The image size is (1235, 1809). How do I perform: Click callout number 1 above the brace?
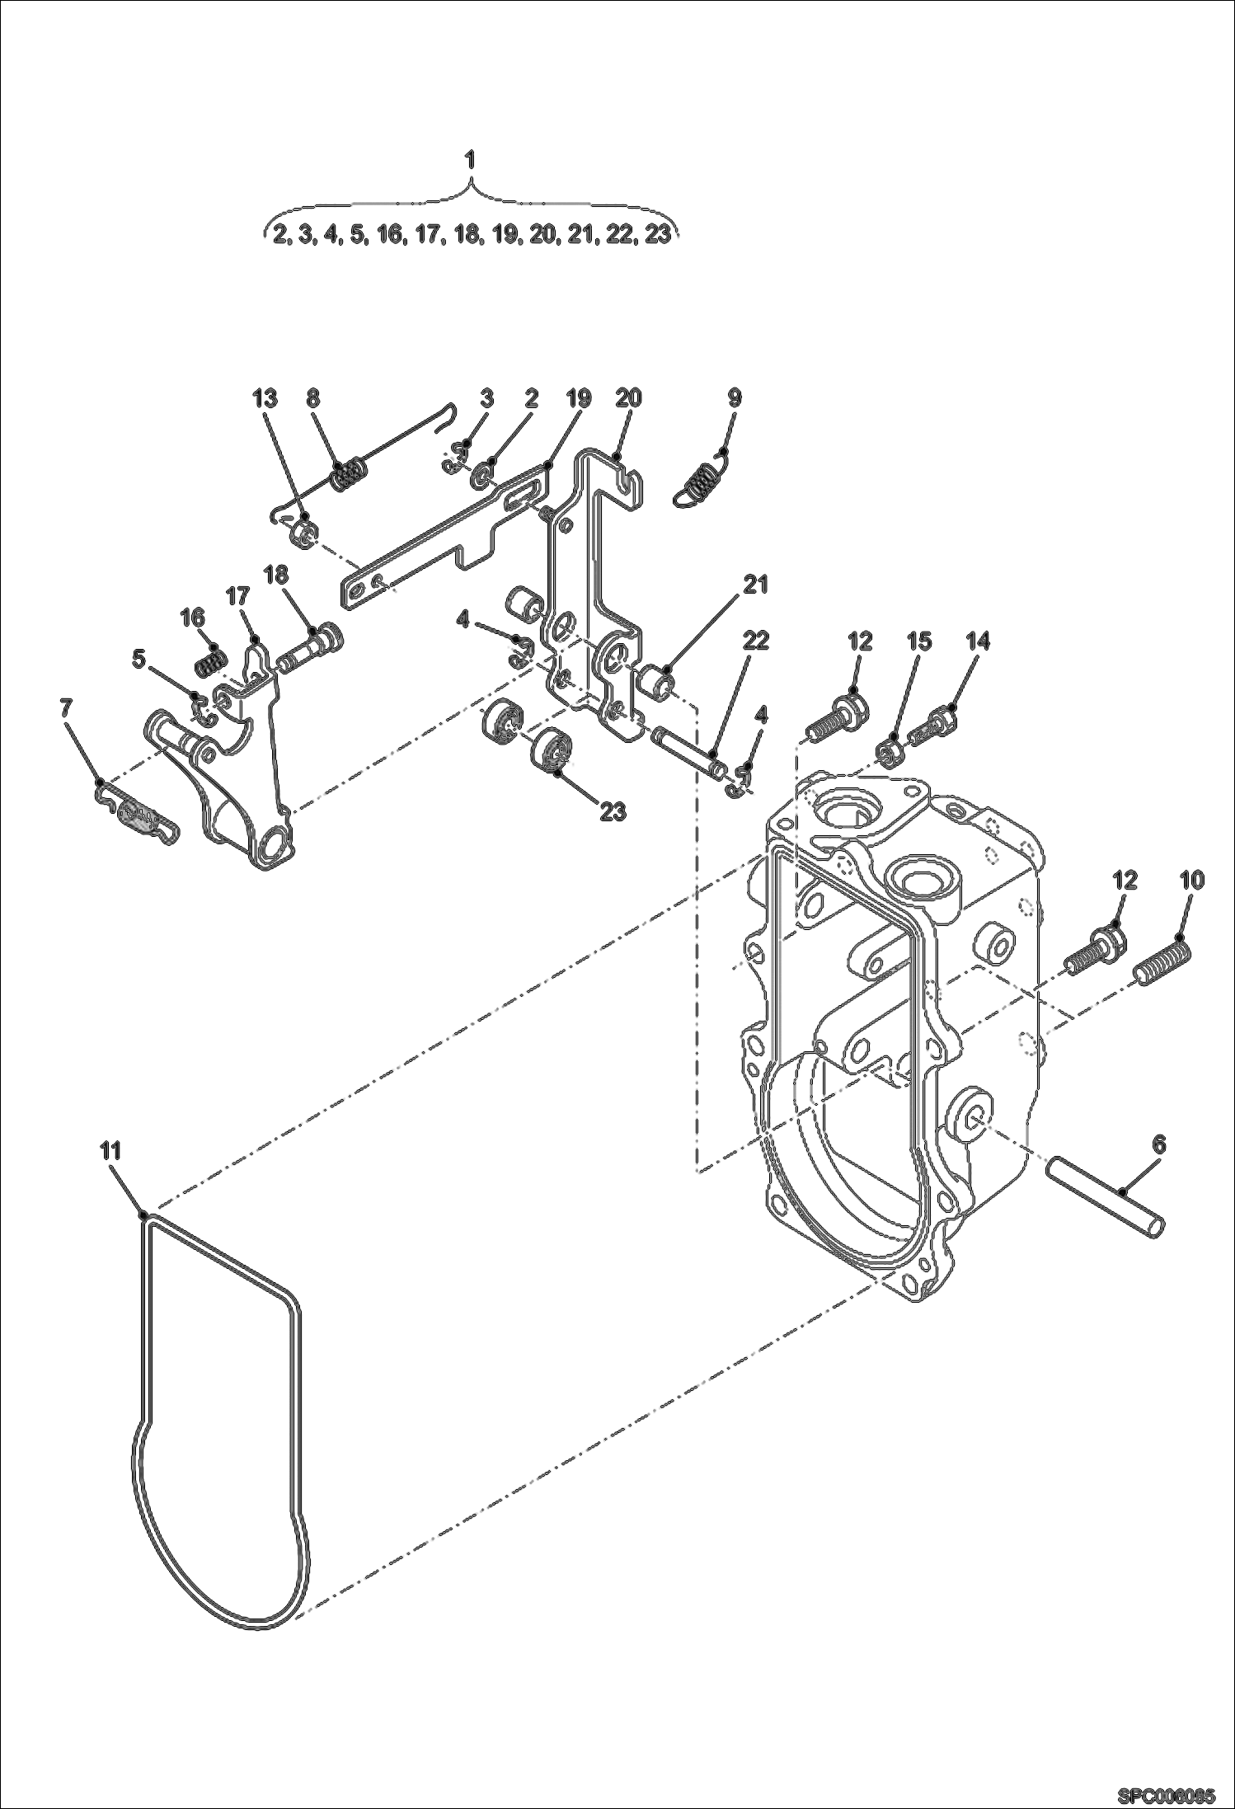pos(470,160)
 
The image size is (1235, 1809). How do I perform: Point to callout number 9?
pos(734,397)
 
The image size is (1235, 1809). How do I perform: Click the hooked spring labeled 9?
pos(701,486)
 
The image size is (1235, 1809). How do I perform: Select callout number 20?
pos(628,397)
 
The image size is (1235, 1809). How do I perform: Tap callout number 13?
pos(265,397)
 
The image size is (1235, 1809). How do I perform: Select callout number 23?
pos(613,811)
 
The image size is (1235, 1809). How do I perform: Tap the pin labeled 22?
pos(687,749)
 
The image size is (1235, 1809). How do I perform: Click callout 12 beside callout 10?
pos(1125,880)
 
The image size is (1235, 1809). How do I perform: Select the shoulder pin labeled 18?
pos(312,647)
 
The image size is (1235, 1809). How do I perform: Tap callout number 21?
pos(755,584)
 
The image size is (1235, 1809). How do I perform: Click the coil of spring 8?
pos(350,477)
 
